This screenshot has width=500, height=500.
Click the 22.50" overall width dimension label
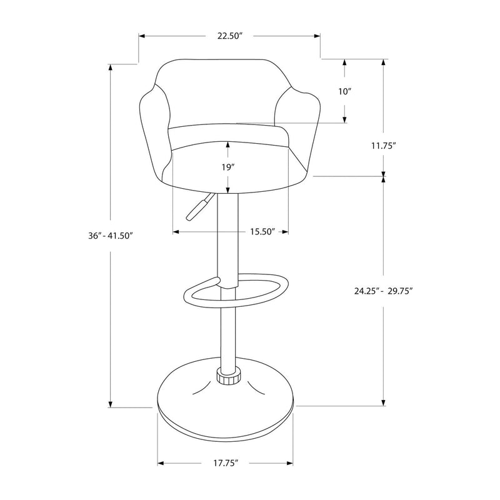tap(229, 36)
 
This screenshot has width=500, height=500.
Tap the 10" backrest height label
tap(344, 91)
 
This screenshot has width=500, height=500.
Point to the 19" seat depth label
tap(227, 167)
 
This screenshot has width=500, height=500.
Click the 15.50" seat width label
tap(262, 232)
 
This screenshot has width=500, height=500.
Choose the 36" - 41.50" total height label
tap(111, 237)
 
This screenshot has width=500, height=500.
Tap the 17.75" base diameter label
tap(226, 463)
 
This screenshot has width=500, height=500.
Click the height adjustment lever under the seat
tap(197, 208)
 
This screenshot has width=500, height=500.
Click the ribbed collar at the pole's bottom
tap(229, 376)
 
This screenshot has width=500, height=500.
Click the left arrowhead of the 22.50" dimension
tap(142, 36)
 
